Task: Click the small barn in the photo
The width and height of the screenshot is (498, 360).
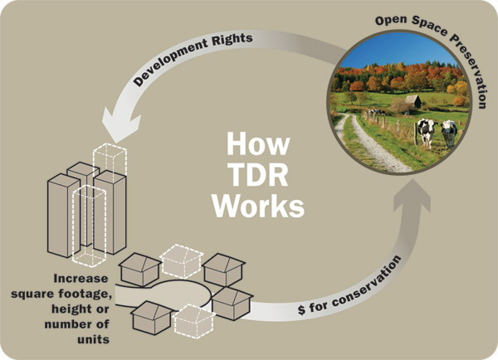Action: click(413, 101)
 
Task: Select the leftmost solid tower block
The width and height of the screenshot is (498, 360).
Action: click(62, 215)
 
